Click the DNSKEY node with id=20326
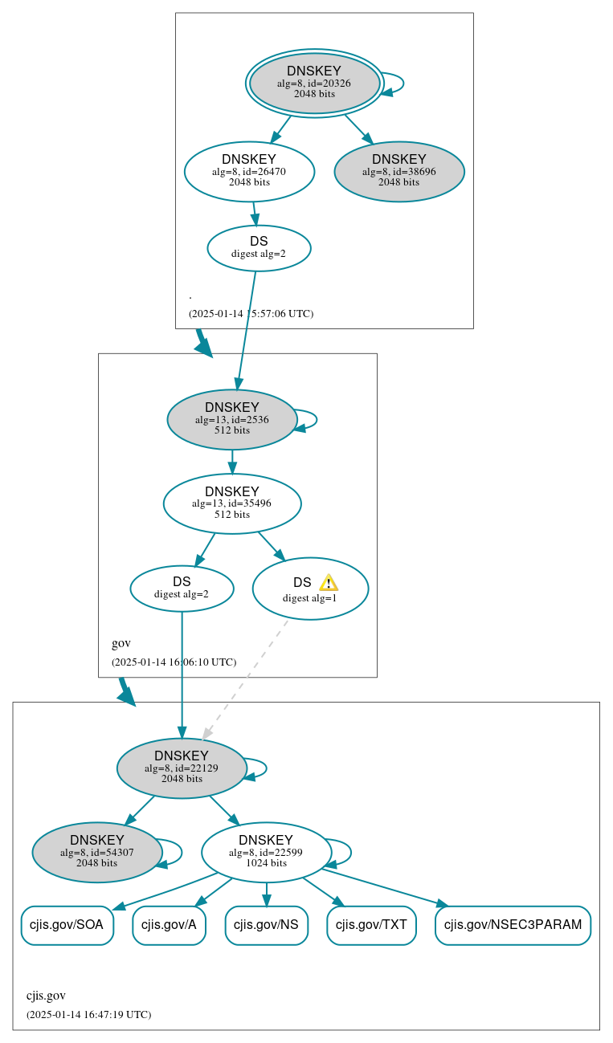click(x=314, y=84)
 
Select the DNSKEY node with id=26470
click(x=249, y=171)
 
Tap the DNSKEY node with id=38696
click(x=399, y=171)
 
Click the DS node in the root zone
click(x=259, y=248)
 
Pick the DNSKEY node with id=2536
click(x=232, y=419)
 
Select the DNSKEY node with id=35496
click(x=232, y=503)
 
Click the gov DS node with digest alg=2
click(x=182, y=589)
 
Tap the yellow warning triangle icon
click(x=328, y=583)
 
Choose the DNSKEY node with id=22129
click(x=182, y=768)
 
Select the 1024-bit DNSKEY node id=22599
click(x=266, y=853)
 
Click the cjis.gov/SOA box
click(x=67, y=925)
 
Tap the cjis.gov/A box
click(x=169, y=925)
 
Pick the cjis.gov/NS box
click(x=266, y=925)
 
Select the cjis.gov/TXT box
click(x=371, y=925)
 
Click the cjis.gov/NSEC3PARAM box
click(x=513, y=925)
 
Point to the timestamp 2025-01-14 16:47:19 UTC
click(x=88, y=1015)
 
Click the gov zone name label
click(x=121, y=643)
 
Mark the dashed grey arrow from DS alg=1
click(x=245, y=678)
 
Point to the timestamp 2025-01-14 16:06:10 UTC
click(x=174, y=662)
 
